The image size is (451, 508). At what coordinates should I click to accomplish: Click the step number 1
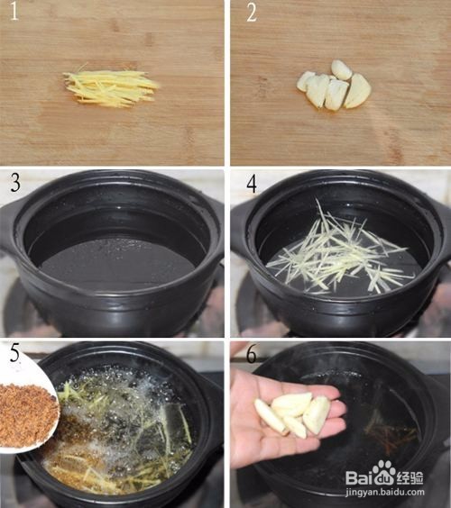(14, 13)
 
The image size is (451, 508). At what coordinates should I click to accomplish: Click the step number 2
(252, 13)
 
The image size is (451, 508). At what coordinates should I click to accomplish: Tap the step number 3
(15, 183)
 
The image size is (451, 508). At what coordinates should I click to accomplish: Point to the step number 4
(252, 185)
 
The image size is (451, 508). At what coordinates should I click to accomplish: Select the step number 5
(14, 353)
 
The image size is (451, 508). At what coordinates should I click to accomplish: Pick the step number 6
(252, 355)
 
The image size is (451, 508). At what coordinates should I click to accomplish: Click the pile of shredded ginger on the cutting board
(111, 86)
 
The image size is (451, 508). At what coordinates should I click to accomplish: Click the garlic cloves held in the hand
(292, 413)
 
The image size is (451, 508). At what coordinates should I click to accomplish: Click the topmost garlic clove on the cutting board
(342, 69)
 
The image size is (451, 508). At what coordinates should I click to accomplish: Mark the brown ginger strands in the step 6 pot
(391, 431)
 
